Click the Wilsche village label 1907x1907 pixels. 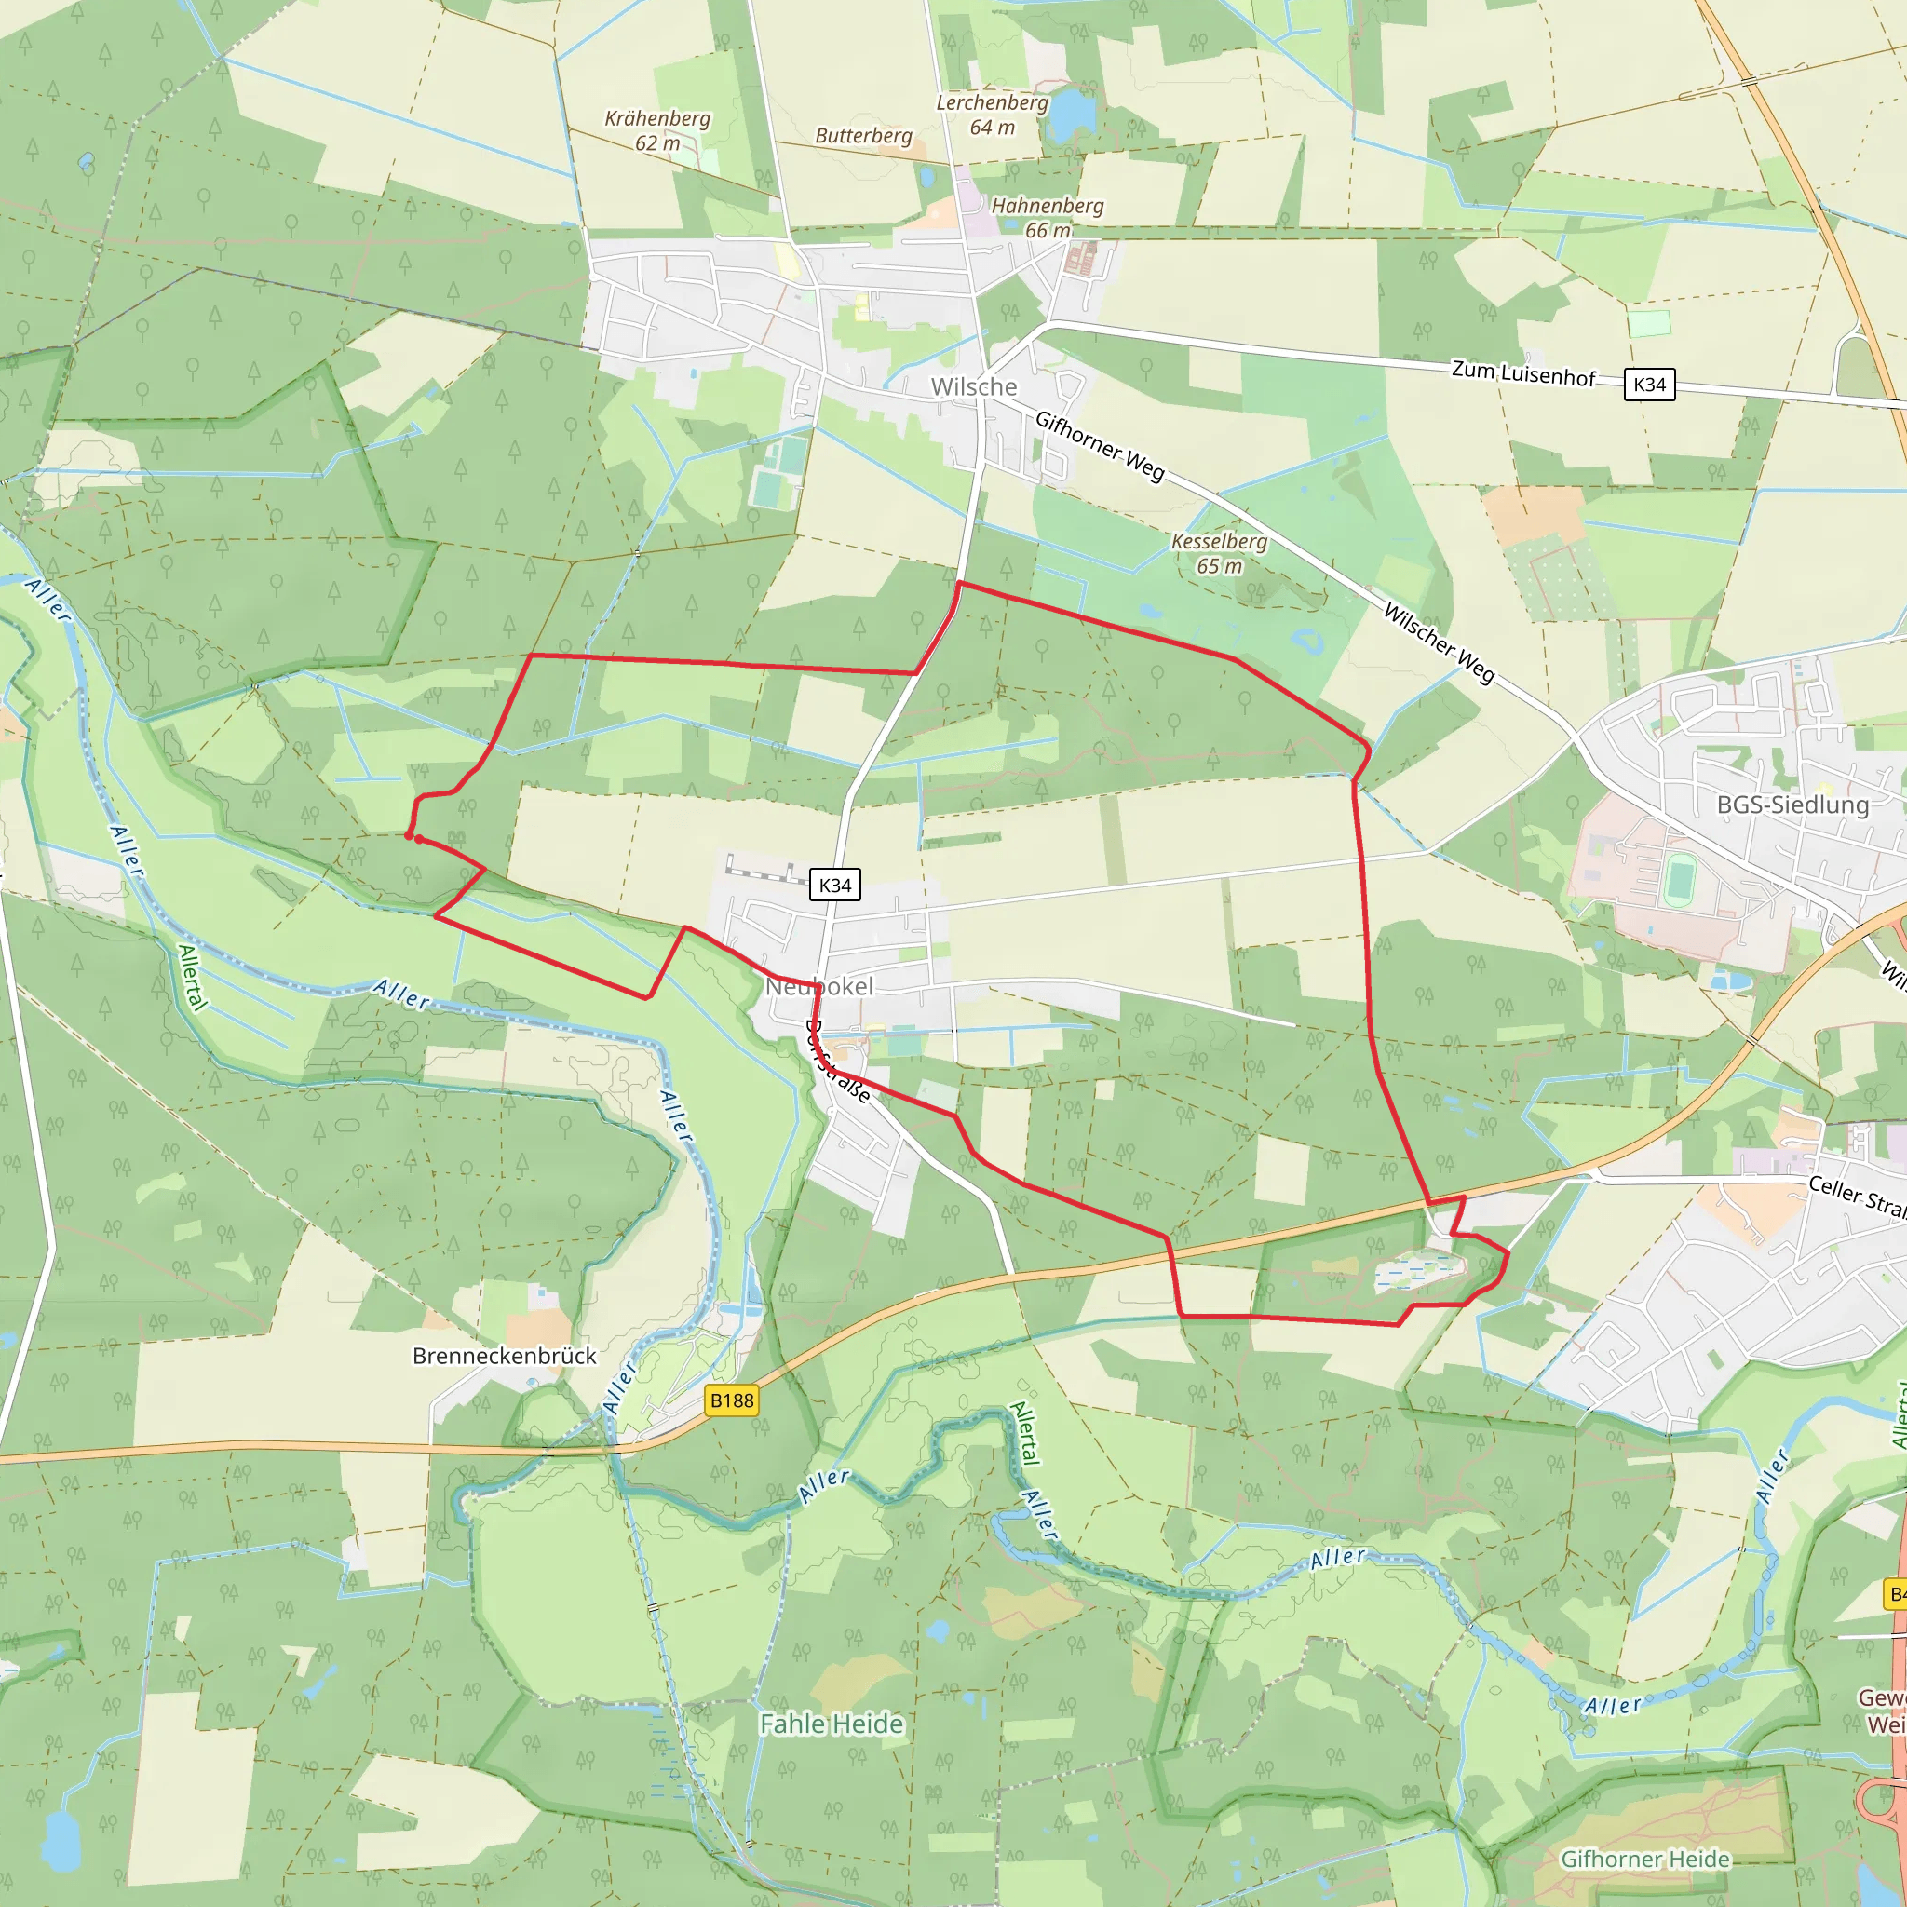(973, 387)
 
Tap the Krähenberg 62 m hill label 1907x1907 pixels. (657, 130)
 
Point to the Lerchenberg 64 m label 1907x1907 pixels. (992, 115)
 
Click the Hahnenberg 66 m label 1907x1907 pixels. (1048, 217)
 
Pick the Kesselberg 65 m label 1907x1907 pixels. (1219, 553)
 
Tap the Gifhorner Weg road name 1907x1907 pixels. (1100, 446)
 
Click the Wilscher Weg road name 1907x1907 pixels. (1438, 642)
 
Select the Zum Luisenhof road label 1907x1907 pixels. (1523, 373)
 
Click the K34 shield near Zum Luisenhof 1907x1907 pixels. (1649, 384)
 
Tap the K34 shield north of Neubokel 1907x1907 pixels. (834, 885)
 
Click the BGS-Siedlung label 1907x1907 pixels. (1792, 805)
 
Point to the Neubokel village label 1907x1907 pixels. (819, 986)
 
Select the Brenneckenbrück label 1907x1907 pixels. (505, 1355)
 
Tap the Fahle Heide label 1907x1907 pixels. (832, 1723)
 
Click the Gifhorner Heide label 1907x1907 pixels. (1644, 1859)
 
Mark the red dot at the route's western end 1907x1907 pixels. (410, 836)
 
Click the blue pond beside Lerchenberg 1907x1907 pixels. (1072, 115)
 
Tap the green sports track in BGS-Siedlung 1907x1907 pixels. (1678, 881)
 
